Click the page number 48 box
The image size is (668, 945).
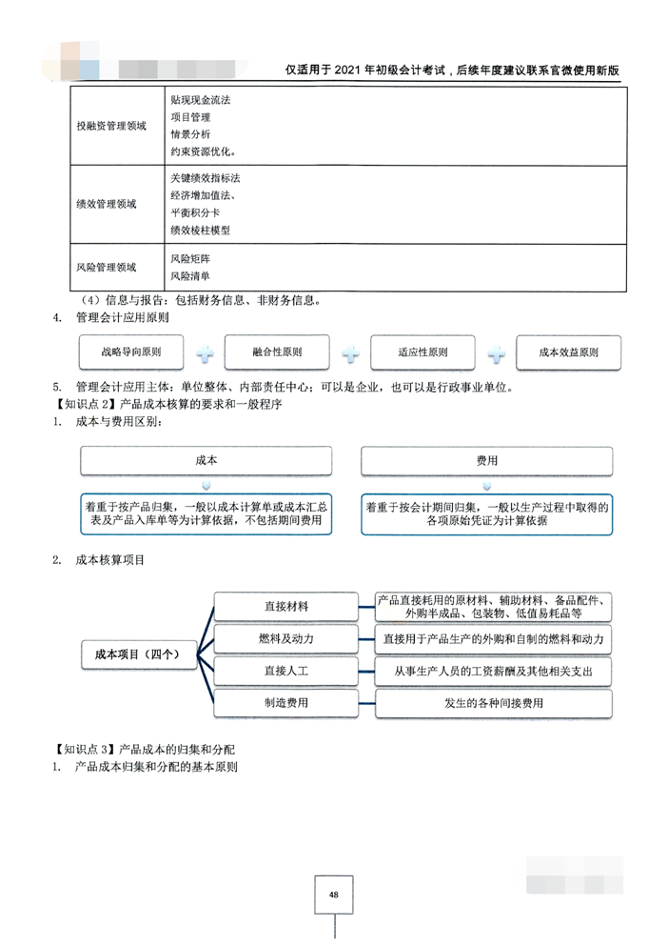click(333, 895)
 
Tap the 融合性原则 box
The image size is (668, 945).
click(277, 352)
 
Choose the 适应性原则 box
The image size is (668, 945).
click(422, 352)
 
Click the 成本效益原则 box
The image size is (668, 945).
click(568, 352)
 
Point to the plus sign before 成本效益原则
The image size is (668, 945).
click(496, 353)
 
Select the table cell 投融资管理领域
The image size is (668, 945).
click(111, 126)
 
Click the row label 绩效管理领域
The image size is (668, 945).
click(107, 204)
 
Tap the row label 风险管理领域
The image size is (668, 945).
click(107, 268)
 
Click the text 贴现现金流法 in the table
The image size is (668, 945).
click(201, 99)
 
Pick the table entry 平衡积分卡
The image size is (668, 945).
click(194, 212)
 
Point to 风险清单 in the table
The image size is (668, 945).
click(190, 276)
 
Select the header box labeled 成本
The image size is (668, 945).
click(206, 460)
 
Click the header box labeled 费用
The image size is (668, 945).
click(487, 460)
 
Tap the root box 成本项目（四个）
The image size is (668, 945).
click(138, 654)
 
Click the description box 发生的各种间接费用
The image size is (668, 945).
click(493, 703)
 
